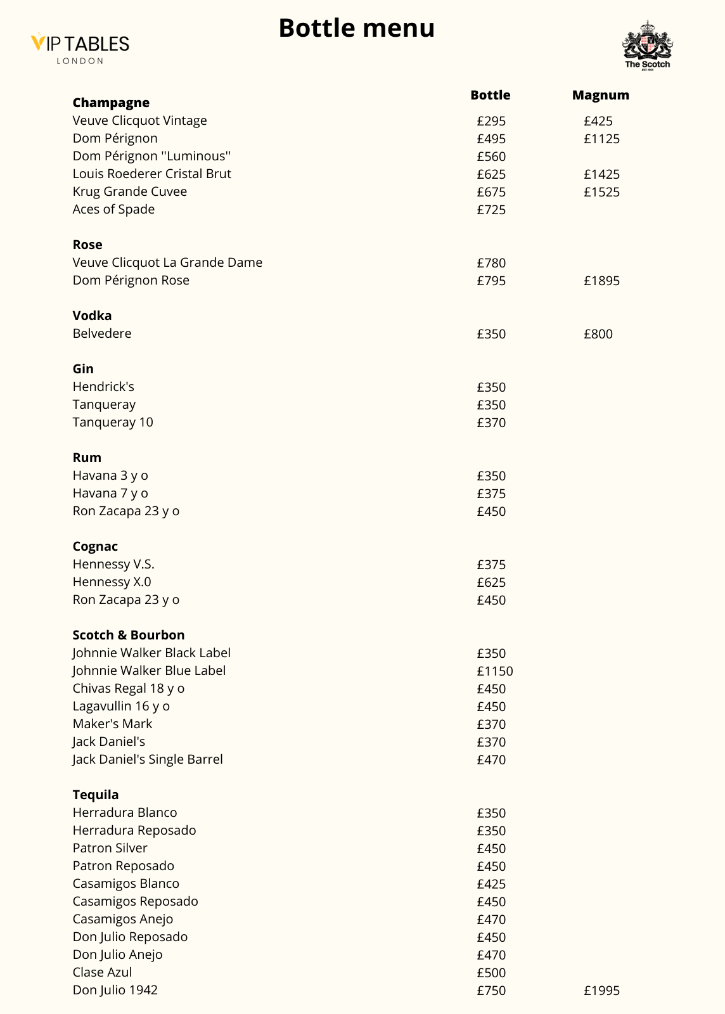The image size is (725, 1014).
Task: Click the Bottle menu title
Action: pos(356,29)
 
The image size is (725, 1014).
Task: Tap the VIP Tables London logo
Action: pos(80,48)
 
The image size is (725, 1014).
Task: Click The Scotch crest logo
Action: pos(647,44)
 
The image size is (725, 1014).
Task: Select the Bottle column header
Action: pos(490,95)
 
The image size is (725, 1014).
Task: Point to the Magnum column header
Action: pos(600,95)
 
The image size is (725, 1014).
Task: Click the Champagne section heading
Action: pos(111,103)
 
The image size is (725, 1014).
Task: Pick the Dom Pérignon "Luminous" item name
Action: pos(151,156)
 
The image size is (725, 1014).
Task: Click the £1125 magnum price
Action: pos(601,139)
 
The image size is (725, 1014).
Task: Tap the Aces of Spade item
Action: pos(113,209)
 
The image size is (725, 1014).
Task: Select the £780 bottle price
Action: pos(491,263)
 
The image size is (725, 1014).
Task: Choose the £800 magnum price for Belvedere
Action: pos(598,334)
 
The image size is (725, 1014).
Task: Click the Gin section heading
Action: pos(83,369)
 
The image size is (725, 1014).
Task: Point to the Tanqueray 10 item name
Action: pos(113,422)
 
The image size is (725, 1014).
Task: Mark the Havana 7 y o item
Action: pos(110,493)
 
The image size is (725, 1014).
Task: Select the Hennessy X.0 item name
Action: pos(112,582)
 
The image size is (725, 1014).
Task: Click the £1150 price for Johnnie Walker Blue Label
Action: pos(494,671)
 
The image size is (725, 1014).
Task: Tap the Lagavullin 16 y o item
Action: pos(121,706)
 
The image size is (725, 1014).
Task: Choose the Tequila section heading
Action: pos(96,795)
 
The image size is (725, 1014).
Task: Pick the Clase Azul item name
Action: pos(102,972)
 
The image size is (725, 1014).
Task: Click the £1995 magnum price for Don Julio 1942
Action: pos(601,991)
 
